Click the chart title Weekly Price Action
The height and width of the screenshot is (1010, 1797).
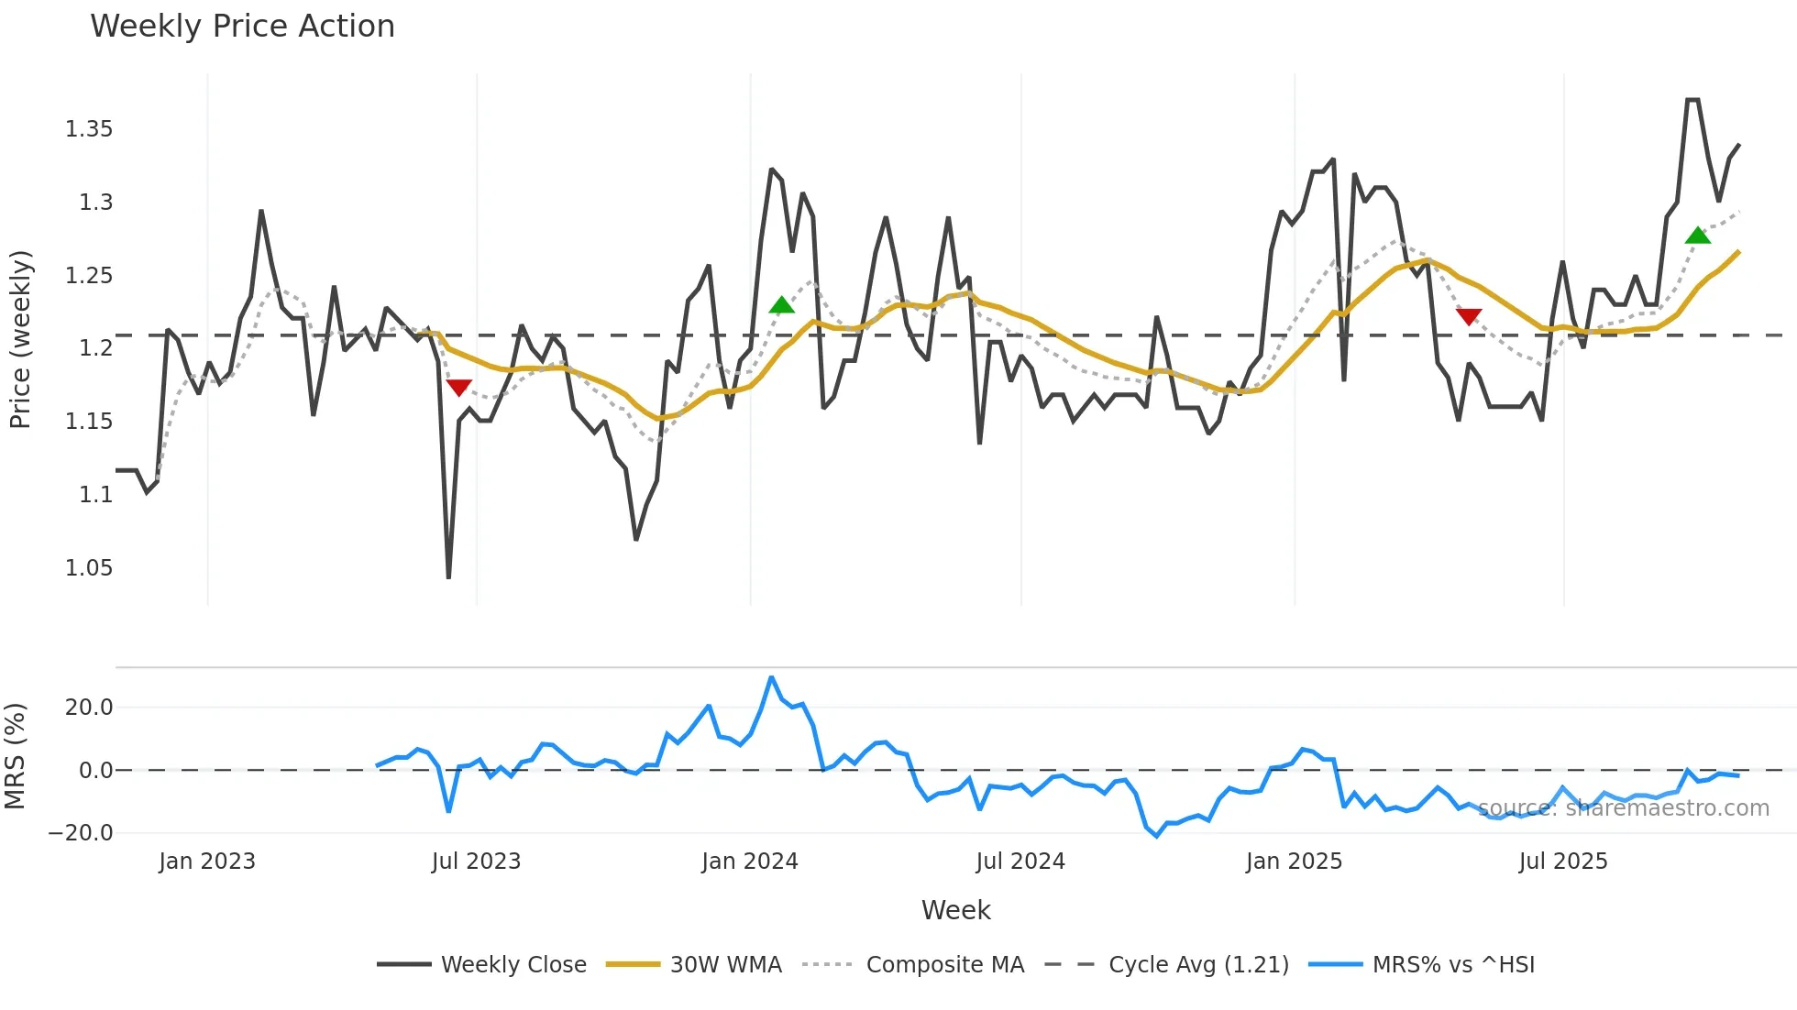[242, 26]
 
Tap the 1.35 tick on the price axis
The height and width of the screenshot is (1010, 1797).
[89, 129]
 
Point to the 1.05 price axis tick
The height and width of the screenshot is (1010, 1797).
[89, 568]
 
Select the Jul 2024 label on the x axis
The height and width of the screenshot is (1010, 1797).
[1020, 862]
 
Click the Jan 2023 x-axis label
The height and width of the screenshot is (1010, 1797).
[206, 862]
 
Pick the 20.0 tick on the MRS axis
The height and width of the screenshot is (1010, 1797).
[89, 708]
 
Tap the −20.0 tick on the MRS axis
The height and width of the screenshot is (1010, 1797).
[81, 833]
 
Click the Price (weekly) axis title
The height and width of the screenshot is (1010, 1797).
[20, 339]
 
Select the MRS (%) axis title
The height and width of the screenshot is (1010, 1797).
[15, 757]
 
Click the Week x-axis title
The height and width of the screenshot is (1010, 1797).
[955, 910]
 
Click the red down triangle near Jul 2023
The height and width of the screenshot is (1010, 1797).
[458, 388]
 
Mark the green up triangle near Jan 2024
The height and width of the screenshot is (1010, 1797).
[781, 305]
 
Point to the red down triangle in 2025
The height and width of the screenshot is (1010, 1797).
[1468, 317]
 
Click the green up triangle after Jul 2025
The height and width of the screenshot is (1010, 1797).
[1697, 236]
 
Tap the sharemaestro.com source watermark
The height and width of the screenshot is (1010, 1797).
[1623, 808]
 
